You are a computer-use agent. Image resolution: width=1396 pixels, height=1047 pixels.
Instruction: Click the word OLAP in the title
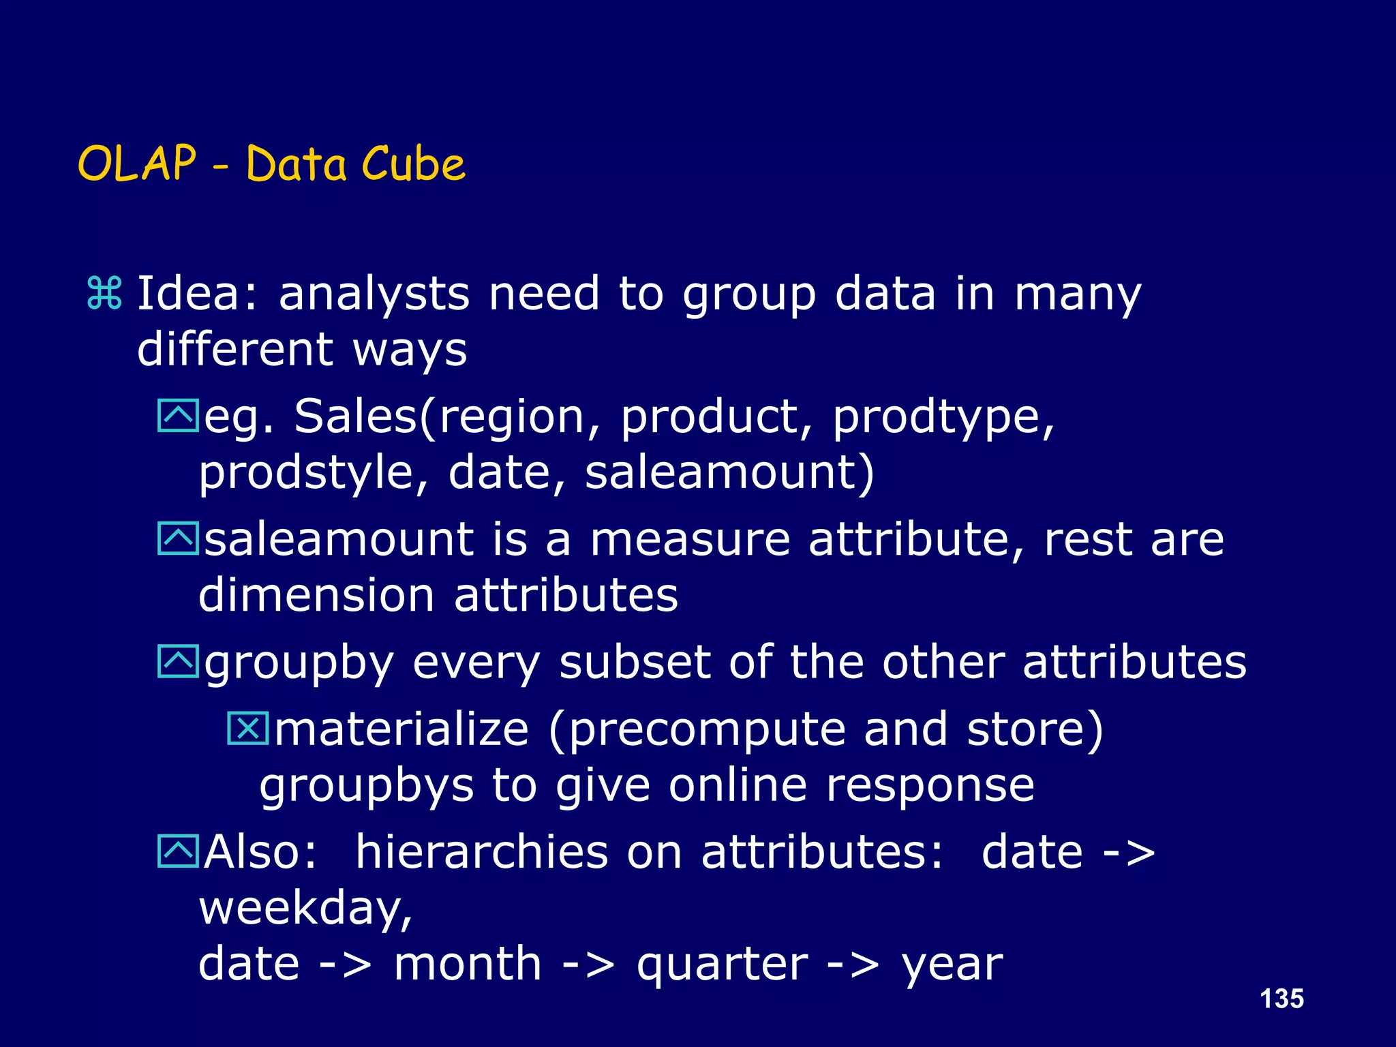click(x=137, y=164)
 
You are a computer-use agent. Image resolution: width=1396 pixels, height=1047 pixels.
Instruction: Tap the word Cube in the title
click(x=413, y=164)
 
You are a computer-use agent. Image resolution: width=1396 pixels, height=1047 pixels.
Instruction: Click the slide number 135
click(x=1281, y=999)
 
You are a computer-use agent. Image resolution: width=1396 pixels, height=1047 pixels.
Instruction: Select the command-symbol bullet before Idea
click(x=104, y=294)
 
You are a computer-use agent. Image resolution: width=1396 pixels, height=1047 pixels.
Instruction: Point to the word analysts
click(x=374, y=294)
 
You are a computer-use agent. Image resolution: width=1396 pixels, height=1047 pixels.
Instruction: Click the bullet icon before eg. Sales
click(x=177, y=416)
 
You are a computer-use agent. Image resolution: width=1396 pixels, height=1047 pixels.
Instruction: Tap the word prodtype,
click(x=943, y=417)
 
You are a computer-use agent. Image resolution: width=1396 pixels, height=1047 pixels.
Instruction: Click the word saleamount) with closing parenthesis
click(x=729, y=472)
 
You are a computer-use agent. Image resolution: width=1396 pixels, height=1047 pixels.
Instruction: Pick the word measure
click(x=690, y=539)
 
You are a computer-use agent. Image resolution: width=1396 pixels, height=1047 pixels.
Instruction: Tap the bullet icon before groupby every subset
click(x=177, y=661)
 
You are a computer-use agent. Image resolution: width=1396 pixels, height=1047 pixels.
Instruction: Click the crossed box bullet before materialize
click(x=247, y=728)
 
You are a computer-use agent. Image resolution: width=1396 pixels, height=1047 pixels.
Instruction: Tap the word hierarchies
click(x=481, y=852)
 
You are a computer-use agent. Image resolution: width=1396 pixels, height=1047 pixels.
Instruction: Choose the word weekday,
click(x=305, y=909)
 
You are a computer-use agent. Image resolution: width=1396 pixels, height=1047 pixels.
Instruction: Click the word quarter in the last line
click(x=722, y=965)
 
